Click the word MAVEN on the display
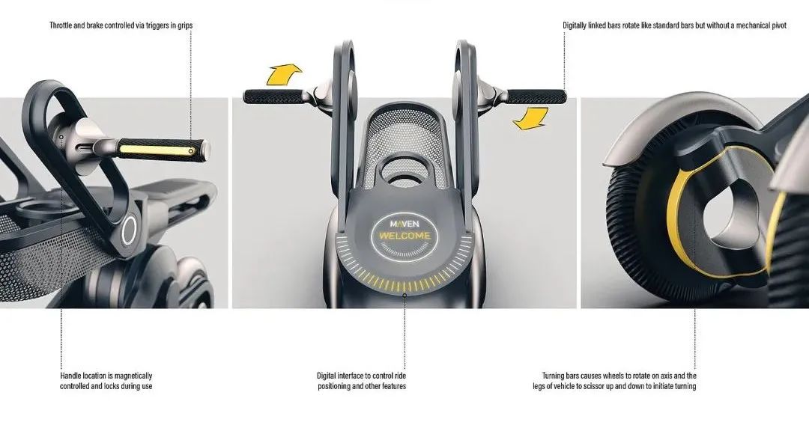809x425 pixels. pyautogui.click(x=404, y=224)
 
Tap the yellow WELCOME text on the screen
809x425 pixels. pyautogui.click(x=404, y=236)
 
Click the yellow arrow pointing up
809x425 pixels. pyautogui.click(x=283, y=73)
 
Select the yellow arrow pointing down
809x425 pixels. pyautogui.click(x=531, y=118)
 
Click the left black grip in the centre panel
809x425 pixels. pyautogui.click(x=273, y=97)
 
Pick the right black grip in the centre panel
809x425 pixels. pyautogui.click(x=536, y=97)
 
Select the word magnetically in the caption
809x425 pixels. pyautogui.click(x=133, y=376)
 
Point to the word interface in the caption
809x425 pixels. pyautogui.click(x=351, y=376)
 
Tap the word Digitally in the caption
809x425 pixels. pyautogui.click(x=575, y=25)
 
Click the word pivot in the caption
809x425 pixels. pyautogui.click(x=779, y=25)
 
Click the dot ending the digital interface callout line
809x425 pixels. pyautogui.click(x=404, y=296)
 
